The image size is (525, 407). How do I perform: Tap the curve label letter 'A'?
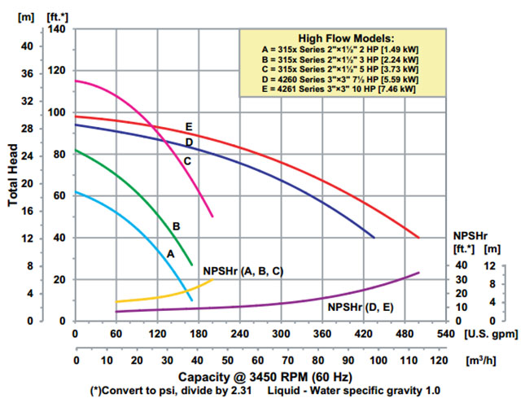point(170,253)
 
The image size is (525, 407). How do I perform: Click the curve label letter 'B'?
point(175,225)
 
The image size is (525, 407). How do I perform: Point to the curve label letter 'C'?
point(187,161)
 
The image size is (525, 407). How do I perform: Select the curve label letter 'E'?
point(188,127)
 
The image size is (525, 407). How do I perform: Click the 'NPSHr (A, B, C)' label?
point(242,269)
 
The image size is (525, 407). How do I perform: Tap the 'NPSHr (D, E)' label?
point(361,307)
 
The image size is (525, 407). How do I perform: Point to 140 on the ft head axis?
point(56,28)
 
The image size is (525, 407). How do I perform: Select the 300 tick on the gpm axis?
point(281,334)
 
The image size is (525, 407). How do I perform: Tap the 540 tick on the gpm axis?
point(446,334)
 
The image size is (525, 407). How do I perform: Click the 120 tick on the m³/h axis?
point(438,360)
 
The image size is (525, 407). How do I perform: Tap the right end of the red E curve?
point(418,237)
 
